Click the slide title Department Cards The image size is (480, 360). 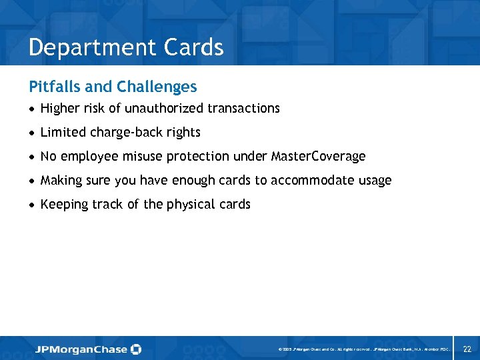pyautogui.click(x=126, y=47)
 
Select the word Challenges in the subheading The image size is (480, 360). pyautogui.click(x=156, y=87)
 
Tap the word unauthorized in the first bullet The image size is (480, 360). pyautogui.click(x=165, y=108)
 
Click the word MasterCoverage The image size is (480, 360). pyautogui.click(x=318, y=157)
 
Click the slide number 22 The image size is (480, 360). pyautogui.click(x=467, y=349)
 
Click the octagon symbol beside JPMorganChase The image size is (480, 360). pyautogui.click(x=136, y=349)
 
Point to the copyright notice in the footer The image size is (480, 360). pyautogui.click(x=362, y=349)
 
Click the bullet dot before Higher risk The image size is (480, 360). pyautogui.click(x=32, y=109)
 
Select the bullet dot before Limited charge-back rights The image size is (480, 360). pyautogui.click(x=32, y=133)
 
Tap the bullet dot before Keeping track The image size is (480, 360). pyautogui.click(x=32, y=205)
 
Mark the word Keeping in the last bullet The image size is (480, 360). pyautogui.click(x=64, y=205)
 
